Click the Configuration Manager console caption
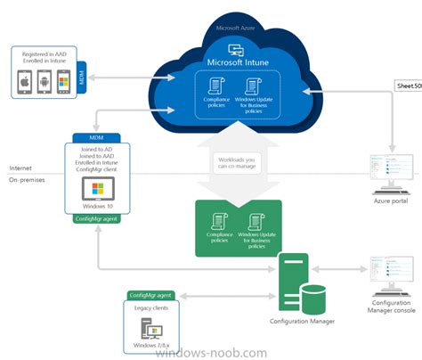coord(390,306)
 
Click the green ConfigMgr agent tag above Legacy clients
coord(150,294)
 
